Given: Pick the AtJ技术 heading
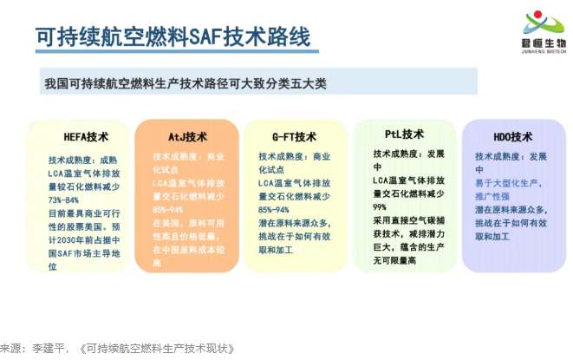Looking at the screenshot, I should pos(187,137).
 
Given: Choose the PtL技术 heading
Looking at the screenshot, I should pos(404,134).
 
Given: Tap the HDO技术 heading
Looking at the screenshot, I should pos(512,137).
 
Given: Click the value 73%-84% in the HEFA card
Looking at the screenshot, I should pos(69,200).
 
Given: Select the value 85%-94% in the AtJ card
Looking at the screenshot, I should pos(173,210).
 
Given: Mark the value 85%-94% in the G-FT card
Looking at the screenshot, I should pos(280,210).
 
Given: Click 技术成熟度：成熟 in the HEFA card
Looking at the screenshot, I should pos(82,160).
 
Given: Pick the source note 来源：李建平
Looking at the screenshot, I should pos(26,348).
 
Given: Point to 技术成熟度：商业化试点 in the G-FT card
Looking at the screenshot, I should pos(295,164).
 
